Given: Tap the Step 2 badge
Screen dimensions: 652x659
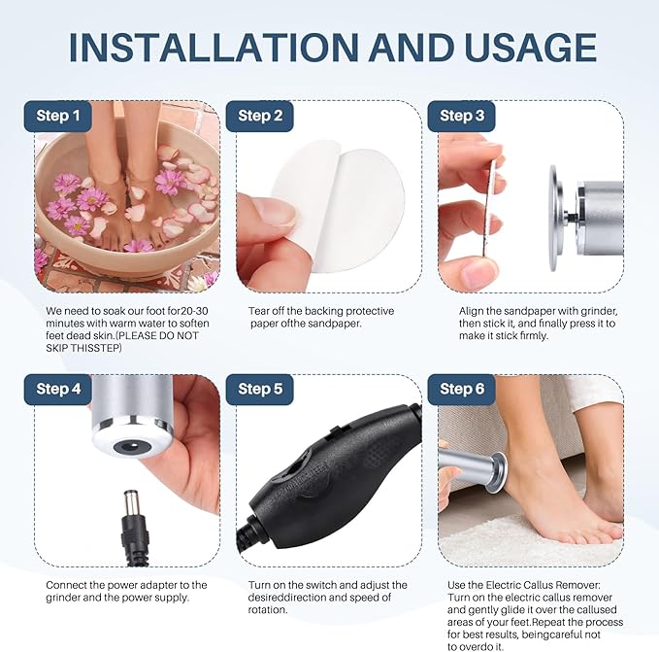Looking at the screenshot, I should coord(254,117).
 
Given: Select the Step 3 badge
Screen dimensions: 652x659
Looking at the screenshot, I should coord(461,117).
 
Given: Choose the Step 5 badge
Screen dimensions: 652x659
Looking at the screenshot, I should coord(254,390).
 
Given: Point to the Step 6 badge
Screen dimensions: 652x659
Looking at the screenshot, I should coord(461,390).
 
